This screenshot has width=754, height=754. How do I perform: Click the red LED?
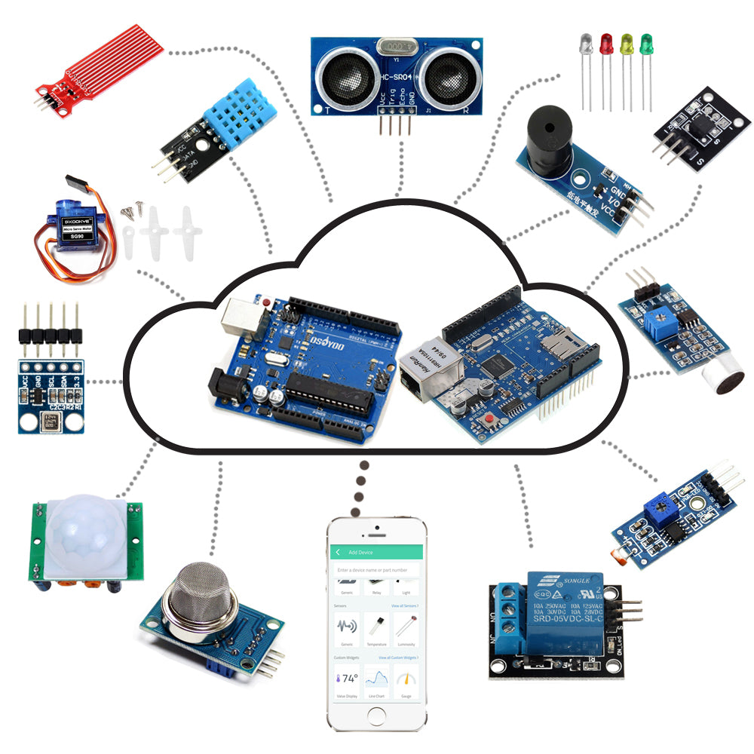[606, 44]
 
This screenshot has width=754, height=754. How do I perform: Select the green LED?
[646, 44]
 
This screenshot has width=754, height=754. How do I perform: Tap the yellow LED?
[626, 44]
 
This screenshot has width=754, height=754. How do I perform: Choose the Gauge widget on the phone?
[406, 682]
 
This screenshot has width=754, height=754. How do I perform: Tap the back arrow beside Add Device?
[338, 553]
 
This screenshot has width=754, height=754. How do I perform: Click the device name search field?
[375, 571]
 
